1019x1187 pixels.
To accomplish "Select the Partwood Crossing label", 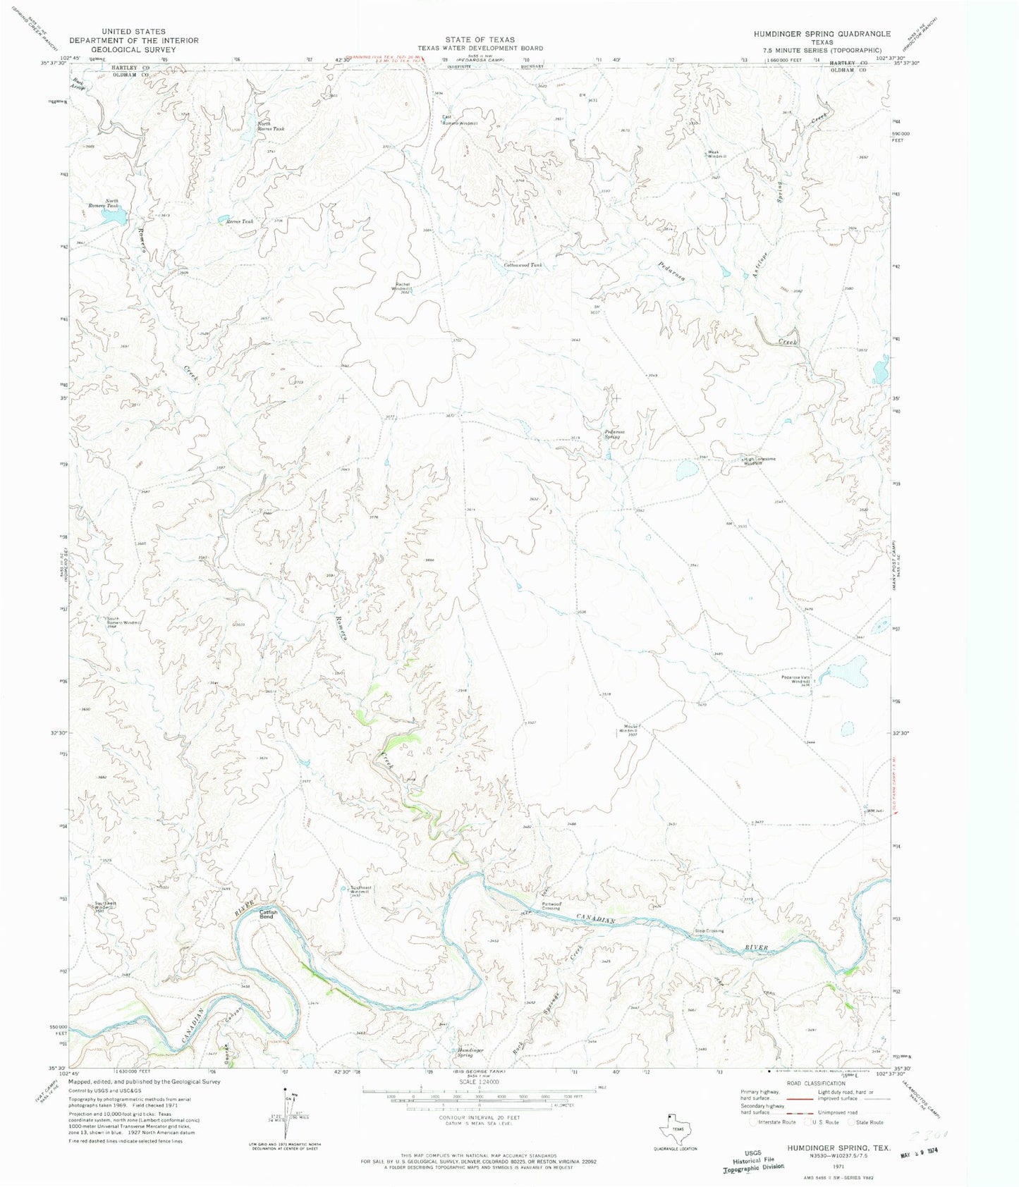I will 551,906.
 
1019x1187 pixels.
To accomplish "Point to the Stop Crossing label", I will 709,931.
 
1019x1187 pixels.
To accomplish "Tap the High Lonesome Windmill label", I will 759,461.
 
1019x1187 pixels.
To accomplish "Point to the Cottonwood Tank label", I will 525,265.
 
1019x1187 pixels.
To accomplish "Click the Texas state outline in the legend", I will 672,1130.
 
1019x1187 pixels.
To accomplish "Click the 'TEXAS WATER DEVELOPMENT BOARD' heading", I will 480,48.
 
